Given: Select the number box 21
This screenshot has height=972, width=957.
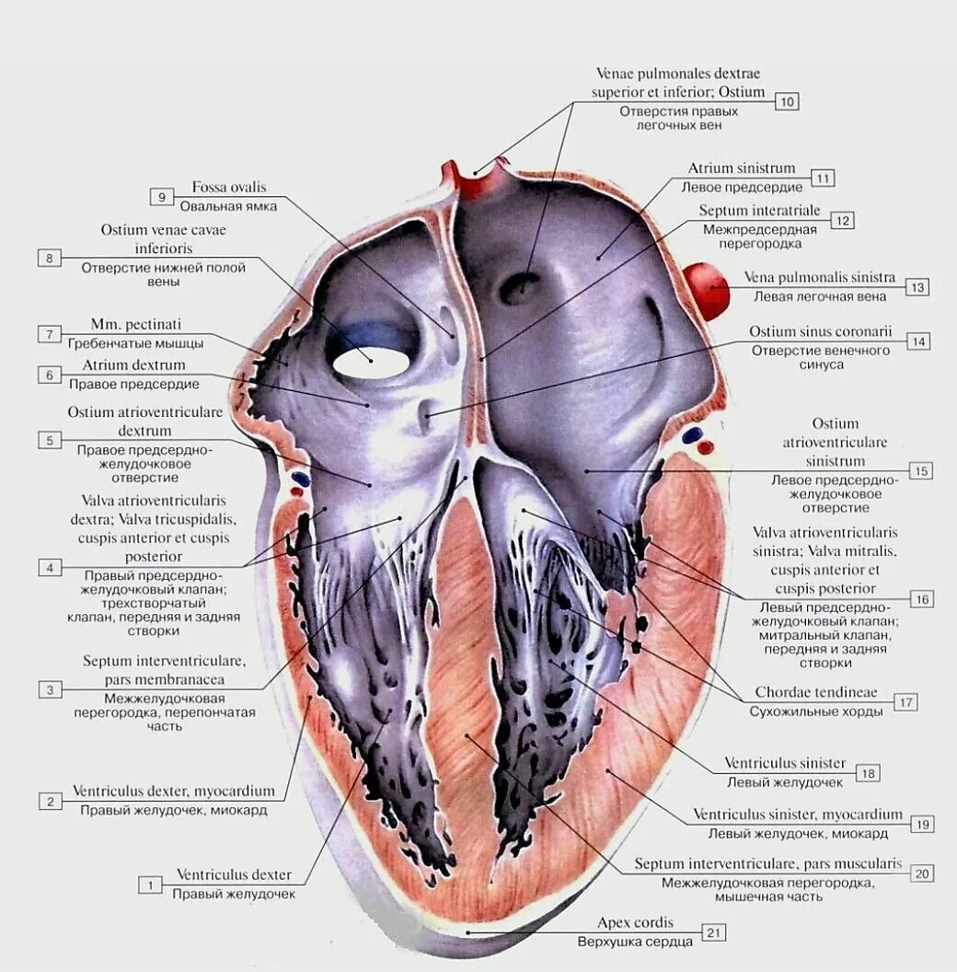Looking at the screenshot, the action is click(714, 932).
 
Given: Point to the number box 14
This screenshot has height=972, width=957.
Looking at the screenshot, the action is click(917, 341).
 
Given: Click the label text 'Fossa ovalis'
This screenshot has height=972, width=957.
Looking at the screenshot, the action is click(229, 187).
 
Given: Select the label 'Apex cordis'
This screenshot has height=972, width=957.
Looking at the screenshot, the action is click(635, 922).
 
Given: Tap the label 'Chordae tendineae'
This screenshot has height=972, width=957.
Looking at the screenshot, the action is click(816, 692).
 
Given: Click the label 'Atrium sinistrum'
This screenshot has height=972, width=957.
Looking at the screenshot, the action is click(742, 168).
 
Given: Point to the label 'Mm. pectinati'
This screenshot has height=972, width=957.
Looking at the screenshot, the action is click(136, 324).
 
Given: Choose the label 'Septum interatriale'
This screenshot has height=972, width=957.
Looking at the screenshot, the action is click(759, 211).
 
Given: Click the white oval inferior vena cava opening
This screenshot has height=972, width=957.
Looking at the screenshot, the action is click(370, 362).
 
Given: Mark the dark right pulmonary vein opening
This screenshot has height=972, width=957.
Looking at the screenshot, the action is click(520, 288).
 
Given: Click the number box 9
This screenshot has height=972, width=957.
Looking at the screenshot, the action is click(161, 196).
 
